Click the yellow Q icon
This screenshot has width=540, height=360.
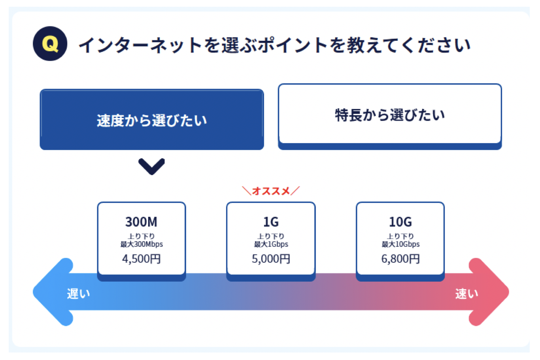coord(50,44)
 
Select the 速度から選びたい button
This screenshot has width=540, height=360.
coord(152,119)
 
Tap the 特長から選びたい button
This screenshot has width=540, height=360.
coord(390,117)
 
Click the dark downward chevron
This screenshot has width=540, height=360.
coord(151,167)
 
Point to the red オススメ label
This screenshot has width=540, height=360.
coord(271,191)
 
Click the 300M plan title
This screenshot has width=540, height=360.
coord(141,222)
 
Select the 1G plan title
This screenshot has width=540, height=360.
coord(271,222)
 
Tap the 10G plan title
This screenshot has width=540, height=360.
coord(400,222)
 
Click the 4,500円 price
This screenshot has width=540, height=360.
coord(141,259)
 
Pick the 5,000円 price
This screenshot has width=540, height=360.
coord(271,259)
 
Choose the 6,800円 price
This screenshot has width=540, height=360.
coord(400,259)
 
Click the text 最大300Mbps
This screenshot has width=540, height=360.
coord(142,244)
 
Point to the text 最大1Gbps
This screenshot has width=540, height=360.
coord(271,244)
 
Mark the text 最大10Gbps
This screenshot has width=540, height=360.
coord(400,244)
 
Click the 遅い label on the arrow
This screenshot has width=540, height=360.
coord(78,294)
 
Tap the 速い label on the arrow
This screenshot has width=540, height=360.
coord(466,294)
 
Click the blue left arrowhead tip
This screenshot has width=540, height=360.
coord(33,292)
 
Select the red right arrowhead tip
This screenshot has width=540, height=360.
coord(509,292)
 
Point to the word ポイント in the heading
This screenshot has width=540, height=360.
coord(293,45)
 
